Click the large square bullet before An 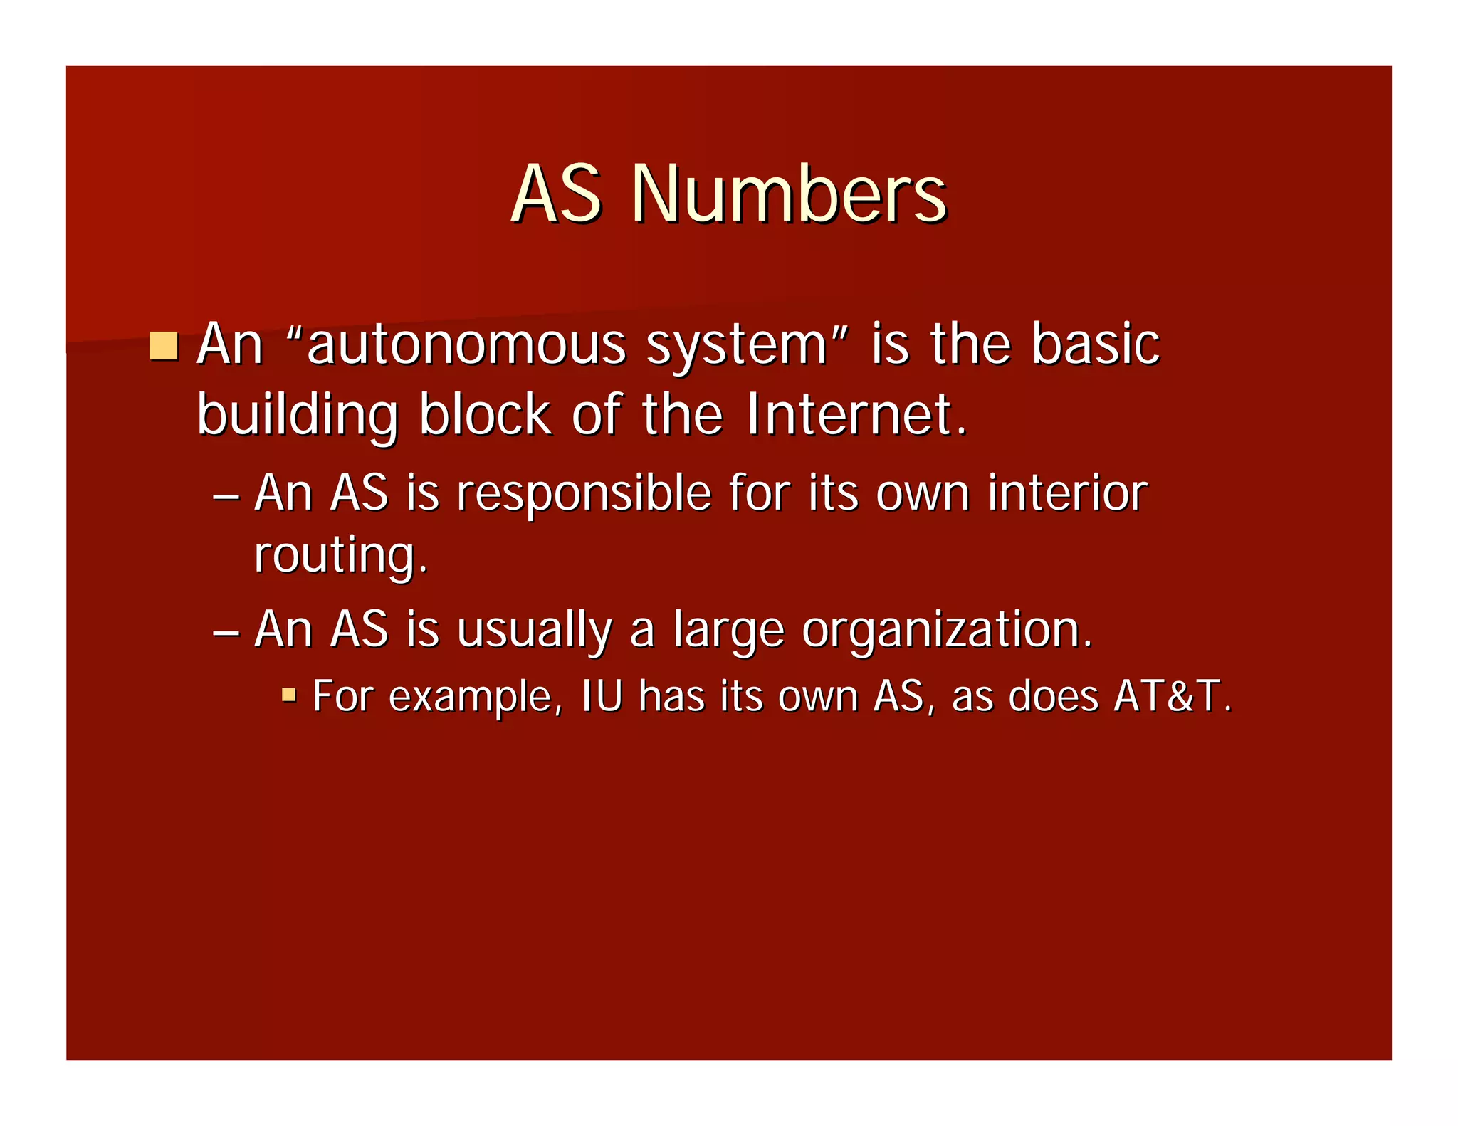tap(164, 346)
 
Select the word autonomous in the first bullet tap(466, 345)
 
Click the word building tap(297, 416)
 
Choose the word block tap(485, 414)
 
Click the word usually tap(534, 631)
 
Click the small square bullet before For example tap(288, 695)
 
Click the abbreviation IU tap(602, 695)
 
